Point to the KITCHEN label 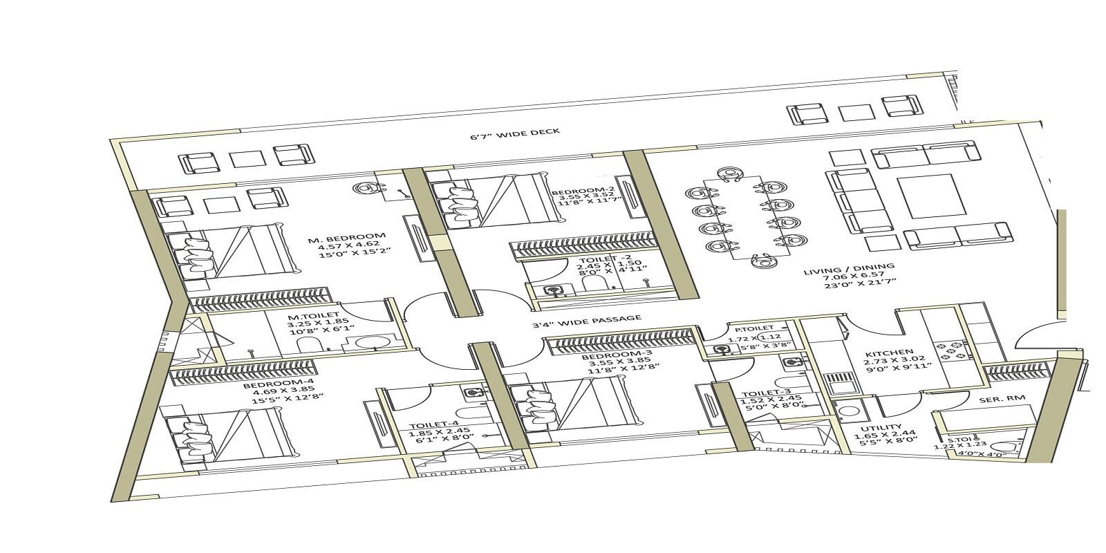[x=889, y=353]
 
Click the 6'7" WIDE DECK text [x=514, y=132]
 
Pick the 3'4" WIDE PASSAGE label [x=587, y=320]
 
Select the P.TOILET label [x=753, y=328]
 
